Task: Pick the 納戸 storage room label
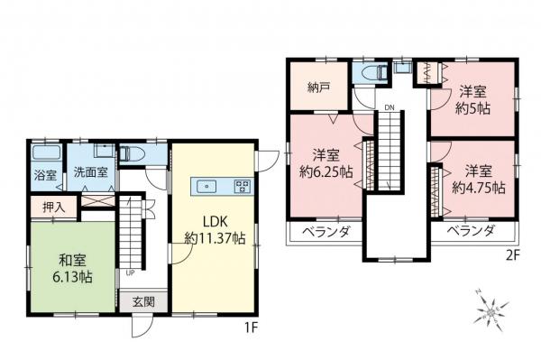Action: [318, 89]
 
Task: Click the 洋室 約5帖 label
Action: [472, 100]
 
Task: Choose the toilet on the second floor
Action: [371, 72]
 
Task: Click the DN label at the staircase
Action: [389, 108]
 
